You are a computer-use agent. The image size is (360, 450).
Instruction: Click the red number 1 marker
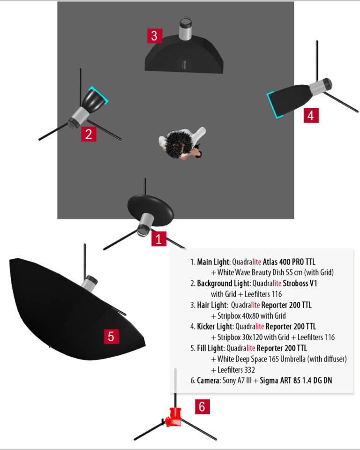point(159,239)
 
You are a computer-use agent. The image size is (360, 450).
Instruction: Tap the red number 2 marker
point(89,134)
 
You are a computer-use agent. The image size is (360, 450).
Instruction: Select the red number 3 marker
point(154,36)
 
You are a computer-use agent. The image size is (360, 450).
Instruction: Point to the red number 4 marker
point(311,115)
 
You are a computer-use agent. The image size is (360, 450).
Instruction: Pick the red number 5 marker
point(111,337)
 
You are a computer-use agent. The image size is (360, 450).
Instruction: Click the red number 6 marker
point(202,406)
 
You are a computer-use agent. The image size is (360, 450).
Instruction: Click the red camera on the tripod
point(173,417)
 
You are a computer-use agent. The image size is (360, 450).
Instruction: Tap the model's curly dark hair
point(177,143)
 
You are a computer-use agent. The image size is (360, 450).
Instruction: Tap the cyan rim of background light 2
point(99,95)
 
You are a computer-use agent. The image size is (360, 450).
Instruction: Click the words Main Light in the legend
point(214,262)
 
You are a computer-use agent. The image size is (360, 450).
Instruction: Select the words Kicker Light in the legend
point(215,326)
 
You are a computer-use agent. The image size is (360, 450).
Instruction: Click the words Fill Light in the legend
point(210,348)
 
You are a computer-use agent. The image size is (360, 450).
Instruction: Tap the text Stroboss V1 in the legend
point(300,283)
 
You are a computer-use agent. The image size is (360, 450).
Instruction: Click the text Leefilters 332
point(236,370)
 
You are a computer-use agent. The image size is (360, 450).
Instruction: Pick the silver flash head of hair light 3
point(185,29)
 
